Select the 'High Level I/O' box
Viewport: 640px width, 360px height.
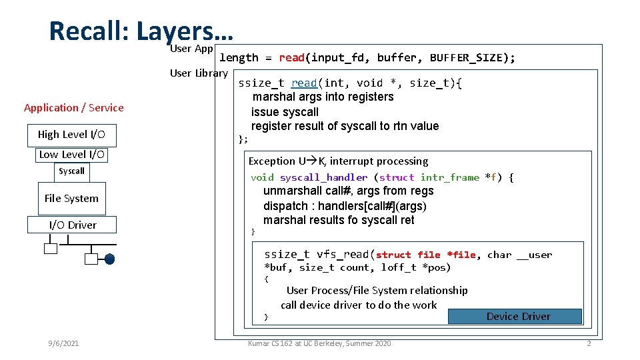tap(71, 135)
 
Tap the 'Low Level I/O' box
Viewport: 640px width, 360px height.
tap(71, 155)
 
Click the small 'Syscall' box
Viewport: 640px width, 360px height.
tap(71, 171)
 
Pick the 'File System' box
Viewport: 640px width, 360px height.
tap(71, 198)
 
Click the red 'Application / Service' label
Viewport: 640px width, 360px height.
tap(73, 108)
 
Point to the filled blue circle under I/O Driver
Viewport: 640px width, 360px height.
tap(109, 259)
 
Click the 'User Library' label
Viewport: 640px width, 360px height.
tap(199, 73)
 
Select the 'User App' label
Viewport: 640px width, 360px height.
tap(191, 48)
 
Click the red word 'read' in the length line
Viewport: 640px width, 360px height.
tap(292, 58)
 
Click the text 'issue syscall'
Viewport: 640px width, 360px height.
tap(285, 112)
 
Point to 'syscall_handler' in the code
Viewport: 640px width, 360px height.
tap(323, 177)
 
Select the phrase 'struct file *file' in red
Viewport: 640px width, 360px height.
tap(426, 255)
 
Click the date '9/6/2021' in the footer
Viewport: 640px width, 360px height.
tap(63, 343)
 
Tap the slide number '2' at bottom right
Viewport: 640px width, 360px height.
tap(589, 343)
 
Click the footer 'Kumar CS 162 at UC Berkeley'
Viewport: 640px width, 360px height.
tap(319, 343)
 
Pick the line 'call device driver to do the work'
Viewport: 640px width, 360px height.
tap(359, 305)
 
